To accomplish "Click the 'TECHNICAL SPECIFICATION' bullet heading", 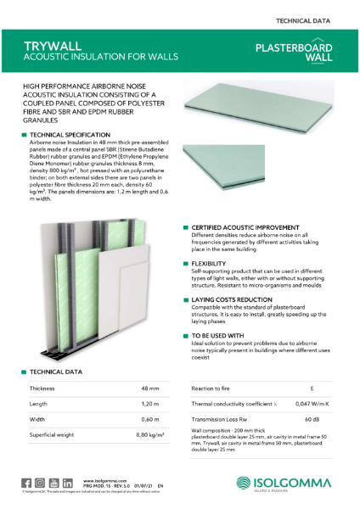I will (x=70, y=135).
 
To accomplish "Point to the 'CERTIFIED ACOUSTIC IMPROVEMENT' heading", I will (x=245, y=228).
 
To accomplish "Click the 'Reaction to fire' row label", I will (x=214, y=388).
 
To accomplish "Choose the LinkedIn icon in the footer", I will (x=66, y=483).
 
